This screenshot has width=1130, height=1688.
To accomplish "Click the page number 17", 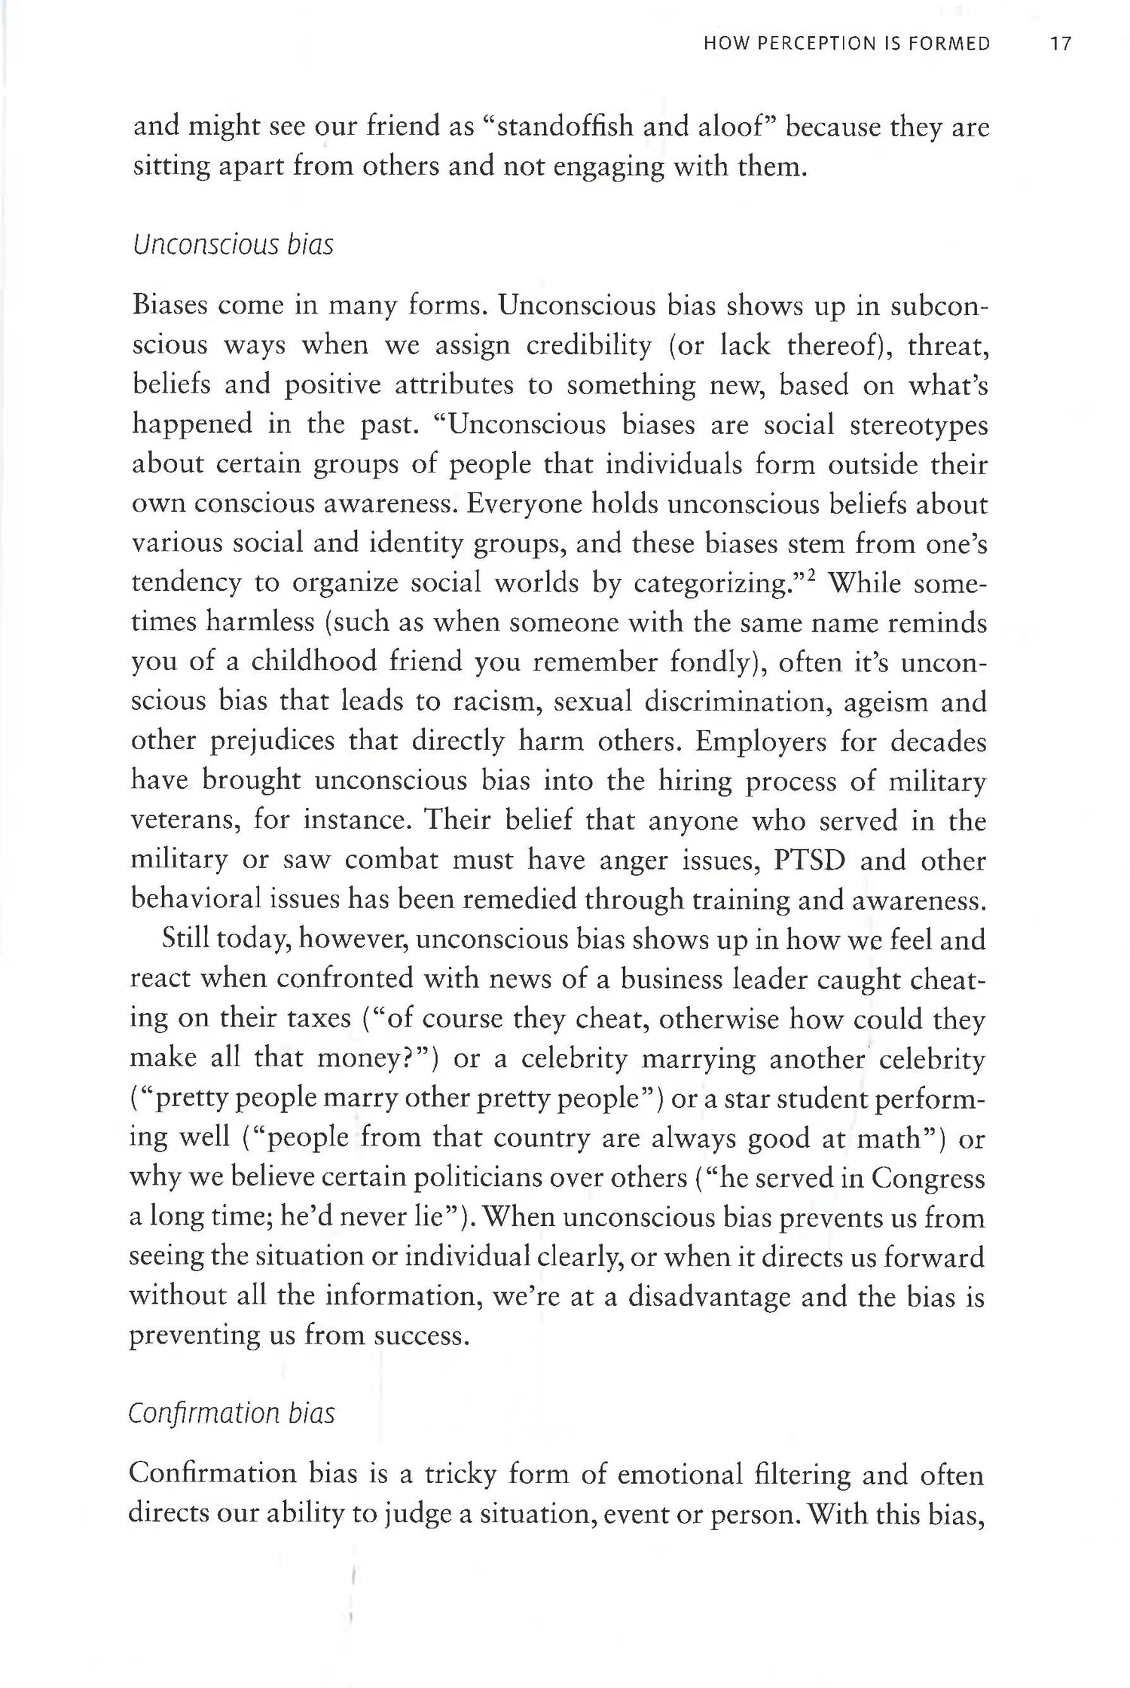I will [x=1060, y=44].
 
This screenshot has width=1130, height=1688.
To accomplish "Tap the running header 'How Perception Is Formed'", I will [x=846, y=44].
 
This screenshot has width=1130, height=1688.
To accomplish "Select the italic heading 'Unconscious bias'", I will [x=232, y=246].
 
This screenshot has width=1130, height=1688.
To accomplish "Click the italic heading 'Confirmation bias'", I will [x=231, y=1412].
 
